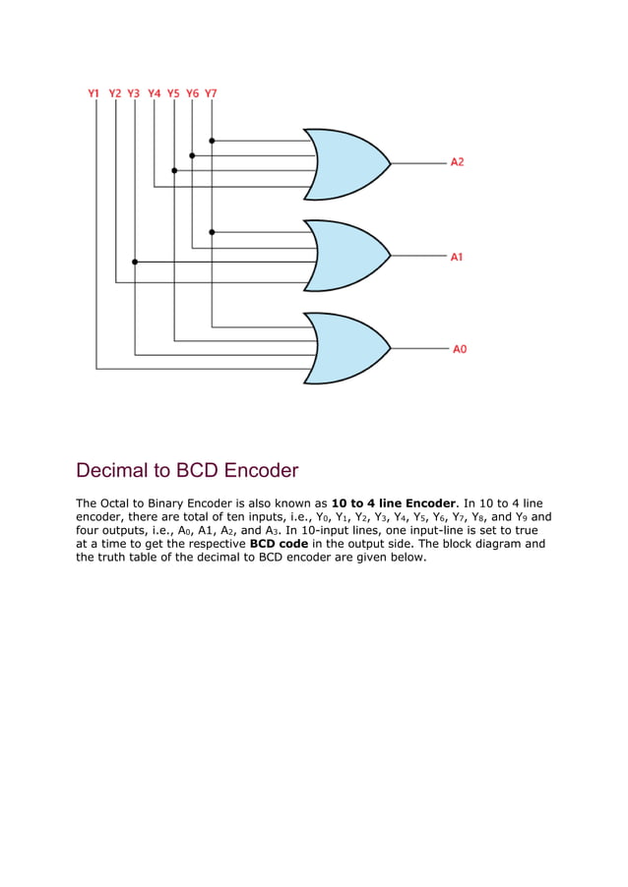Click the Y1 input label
tap(94, 93)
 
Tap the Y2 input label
tap(115, 93)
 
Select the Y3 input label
tap(134, 93)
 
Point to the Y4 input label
tap(155, 93)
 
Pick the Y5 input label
tap(173, 93)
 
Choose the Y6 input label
tap(192, 93)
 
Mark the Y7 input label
tap(212, 93)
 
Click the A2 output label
tap(458, 161)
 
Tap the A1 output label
tap(458, 257)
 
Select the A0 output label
tap(460, 349)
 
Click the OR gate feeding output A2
tap(345, 162)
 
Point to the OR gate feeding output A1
tap(345, 256)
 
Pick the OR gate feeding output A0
tap(345, 348)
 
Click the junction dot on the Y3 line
tap(135, 262)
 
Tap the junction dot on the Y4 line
tap(174, 170)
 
